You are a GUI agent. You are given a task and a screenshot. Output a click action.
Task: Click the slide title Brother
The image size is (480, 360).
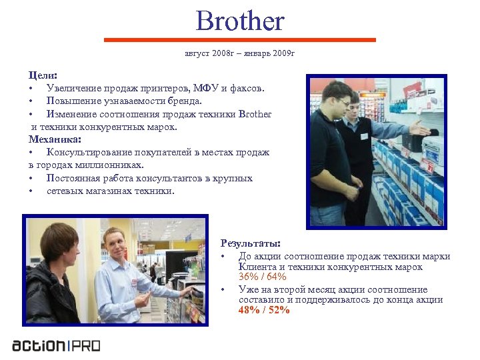240,21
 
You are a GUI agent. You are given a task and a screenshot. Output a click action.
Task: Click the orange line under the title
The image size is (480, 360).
240,41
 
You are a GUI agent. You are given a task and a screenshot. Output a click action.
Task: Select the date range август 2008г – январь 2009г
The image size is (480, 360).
239,53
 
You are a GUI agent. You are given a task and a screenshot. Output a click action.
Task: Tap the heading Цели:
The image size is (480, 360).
43,76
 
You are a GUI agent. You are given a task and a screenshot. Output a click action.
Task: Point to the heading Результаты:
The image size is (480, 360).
250,244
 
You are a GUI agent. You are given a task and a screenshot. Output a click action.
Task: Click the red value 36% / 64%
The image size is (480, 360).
262,277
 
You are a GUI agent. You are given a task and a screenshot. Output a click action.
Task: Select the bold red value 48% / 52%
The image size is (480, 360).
264,310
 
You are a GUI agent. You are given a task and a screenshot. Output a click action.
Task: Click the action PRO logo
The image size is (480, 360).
57,345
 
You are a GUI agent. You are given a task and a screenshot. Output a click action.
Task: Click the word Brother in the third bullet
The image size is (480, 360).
255,114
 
